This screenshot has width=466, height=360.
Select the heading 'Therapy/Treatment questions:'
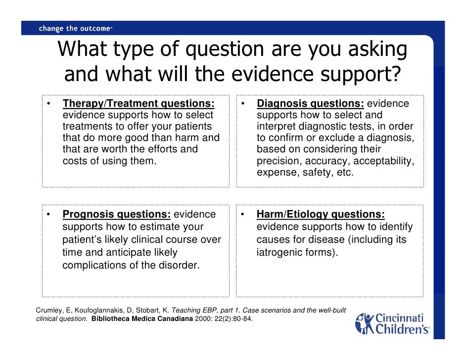pos(139,104)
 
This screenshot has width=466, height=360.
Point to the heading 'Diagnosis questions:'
pos(310,104)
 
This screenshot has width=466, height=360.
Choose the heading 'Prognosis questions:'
pos(116,215)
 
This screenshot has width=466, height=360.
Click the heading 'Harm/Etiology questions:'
pos(321,215)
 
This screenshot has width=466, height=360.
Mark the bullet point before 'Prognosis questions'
pos(49,215)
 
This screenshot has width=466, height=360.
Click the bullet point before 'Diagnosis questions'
pos(243,104)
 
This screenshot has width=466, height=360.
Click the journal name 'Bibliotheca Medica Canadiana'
pos(142,318)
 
